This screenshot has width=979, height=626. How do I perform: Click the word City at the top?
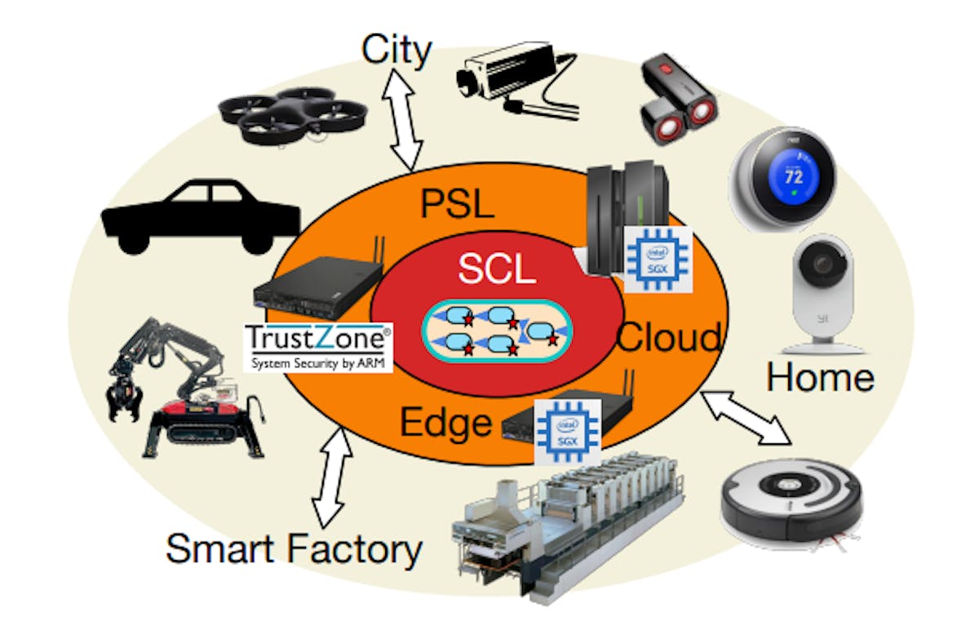point(396,51)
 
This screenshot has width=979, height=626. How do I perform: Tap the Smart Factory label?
point(294,548)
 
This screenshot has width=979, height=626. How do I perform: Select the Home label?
point(820,377)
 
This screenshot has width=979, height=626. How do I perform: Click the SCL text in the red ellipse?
point(496,269)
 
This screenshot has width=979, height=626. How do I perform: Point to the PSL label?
point(457,203)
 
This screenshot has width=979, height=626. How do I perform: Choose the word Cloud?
point(669,337)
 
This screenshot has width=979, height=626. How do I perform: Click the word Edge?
point(445,422)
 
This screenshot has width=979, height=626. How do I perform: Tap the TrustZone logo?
point(318,346)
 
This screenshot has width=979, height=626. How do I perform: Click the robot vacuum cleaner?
point(791,500)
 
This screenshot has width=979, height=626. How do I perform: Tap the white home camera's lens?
point(822,266)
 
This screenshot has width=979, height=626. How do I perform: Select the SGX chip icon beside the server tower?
point(657,260)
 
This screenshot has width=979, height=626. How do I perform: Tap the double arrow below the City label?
point(405,118)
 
